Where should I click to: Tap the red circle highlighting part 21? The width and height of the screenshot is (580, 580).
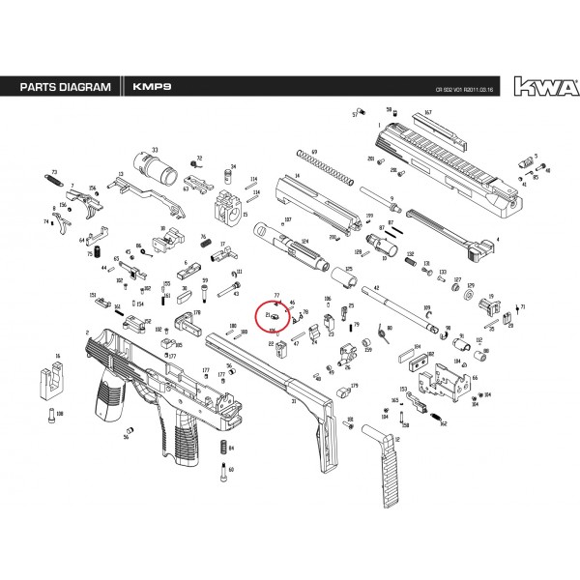pos(272,316)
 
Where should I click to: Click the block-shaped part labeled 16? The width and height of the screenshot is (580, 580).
pos(50,380)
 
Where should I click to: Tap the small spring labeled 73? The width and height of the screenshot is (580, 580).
pos(55,180)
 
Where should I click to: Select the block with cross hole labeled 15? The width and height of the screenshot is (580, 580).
pos(227,208)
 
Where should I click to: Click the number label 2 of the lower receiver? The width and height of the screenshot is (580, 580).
pos(88,334)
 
